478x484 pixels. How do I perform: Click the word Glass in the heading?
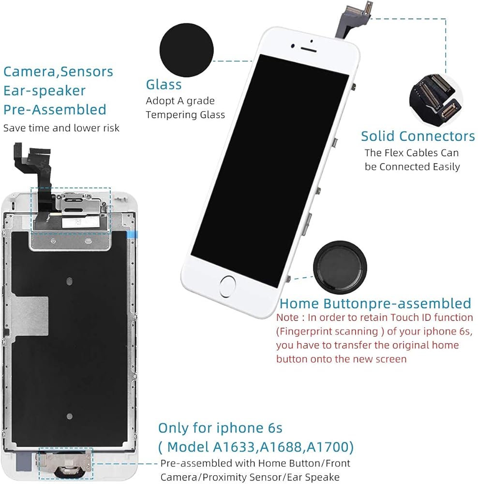[164, 85]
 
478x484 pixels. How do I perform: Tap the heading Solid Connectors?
[418, 136]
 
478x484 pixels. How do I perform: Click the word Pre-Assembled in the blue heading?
[55, 109]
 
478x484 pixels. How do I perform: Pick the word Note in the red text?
[288, 318]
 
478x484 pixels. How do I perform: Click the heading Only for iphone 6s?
[220, 428]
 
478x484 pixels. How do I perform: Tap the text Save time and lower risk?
[61, 128]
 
